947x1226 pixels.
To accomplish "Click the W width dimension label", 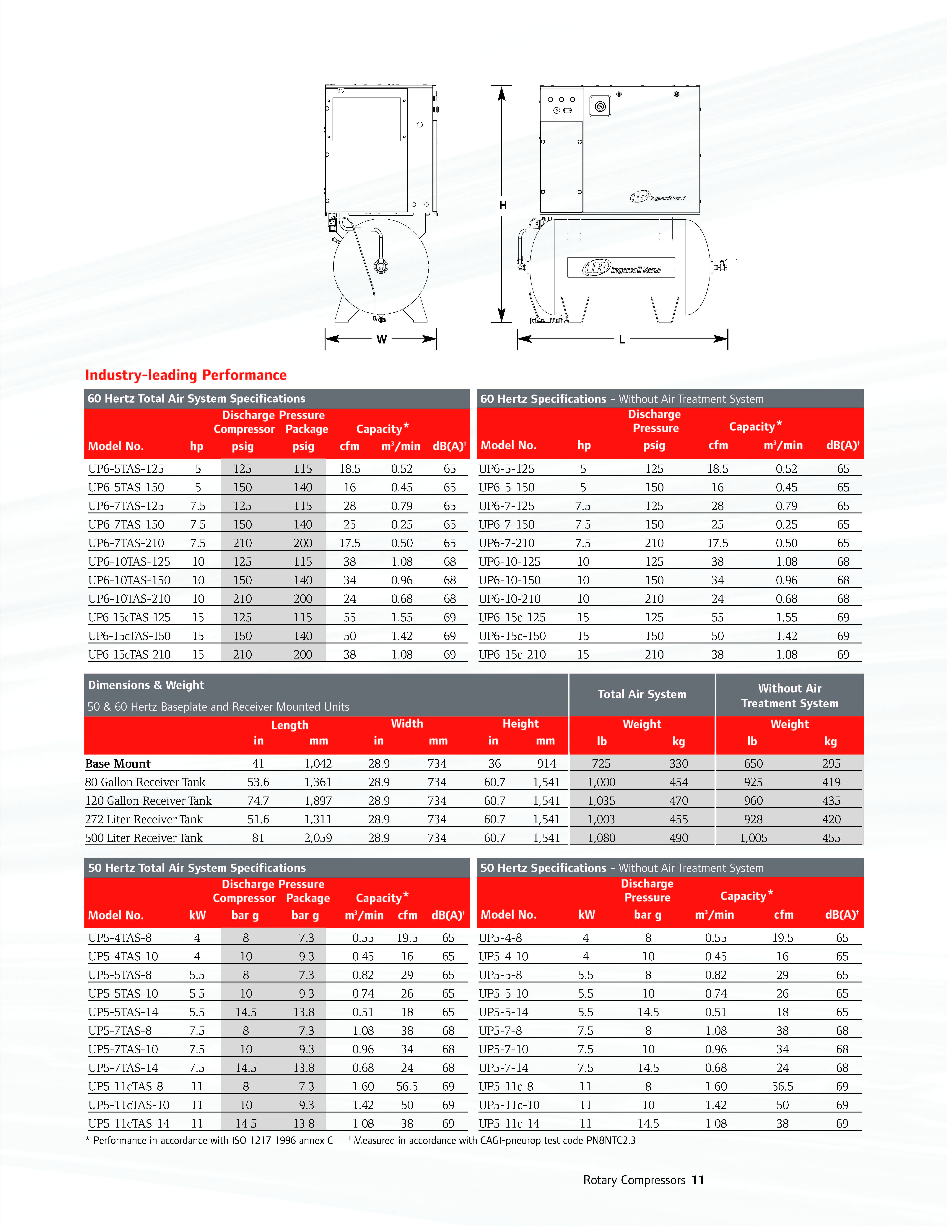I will tap(382, 339).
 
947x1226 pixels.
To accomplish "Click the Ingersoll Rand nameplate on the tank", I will tap(621, 268).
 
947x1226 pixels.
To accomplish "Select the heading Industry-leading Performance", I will tap(186, 375).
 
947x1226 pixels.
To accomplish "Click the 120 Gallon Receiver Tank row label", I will tap(148, 800).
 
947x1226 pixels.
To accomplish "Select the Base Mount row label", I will tap(118, 763).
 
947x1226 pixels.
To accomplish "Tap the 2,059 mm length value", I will tap(318, 838).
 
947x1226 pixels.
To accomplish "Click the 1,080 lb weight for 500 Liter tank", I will tap(601, 838).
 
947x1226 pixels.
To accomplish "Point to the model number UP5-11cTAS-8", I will tap(126, 1086).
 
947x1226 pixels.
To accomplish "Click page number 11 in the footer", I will tap(697, 1180).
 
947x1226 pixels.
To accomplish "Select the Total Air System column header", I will tap(642, 694).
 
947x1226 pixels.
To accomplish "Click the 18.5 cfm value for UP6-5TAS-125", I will tap(349, 469).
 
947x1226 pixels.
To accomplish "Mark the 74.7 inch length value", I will tap(258, 800).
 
